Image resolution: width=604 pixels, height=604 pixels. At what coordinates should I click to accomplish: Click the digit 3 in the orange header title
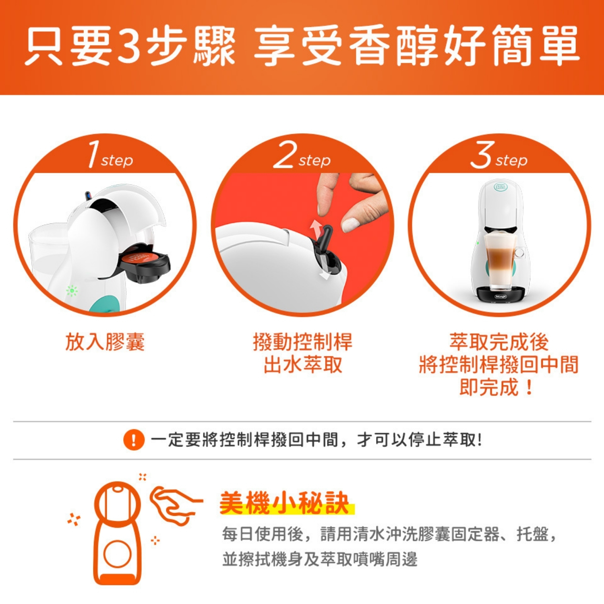[x=130, y=46]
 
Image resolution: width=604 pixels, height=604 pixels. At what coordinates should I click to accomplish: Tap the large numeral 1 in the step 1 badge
[x=93, y=154]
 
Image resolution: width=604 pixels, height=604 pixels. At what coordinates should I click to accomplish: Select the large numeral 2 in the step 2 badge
[x=285, y=155]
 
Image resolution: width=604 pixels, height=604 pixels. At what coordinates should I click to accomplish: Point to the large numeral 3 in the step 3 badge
[x=482, y=155]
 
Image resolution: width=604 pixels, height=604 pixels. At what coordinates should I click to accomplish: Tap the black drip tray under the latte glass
[x=500, y=294]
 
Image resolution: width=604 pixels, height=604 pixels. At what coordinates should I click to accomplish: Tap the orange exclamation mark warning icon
[x=134, y=440]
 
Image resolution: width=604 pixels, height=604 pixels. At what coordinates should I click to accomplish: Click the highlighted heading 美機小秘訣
[x=284, y=503]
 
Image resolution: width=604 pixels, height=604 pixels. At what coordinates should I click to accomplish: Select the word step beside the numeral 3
[x=511, y=161]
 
